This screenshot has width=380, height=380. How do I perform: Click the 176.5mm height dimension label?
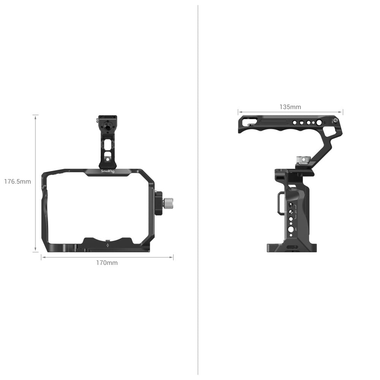[17, 182]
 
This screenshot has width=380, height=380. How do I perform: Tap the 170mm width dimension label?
[107, 263]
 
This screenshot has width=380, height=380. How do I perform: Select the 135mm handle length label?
[290, 107]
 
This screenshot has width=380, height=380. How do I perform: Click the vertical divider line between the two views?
[198, 190]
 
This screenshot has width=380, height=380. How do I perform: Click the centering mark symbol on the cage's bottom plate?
[108, 245]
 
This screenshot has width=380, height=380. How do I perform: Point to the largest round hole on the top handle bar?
[318, 123]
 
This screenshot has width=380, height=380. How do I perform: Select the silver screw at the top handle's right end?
[335, 121]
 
